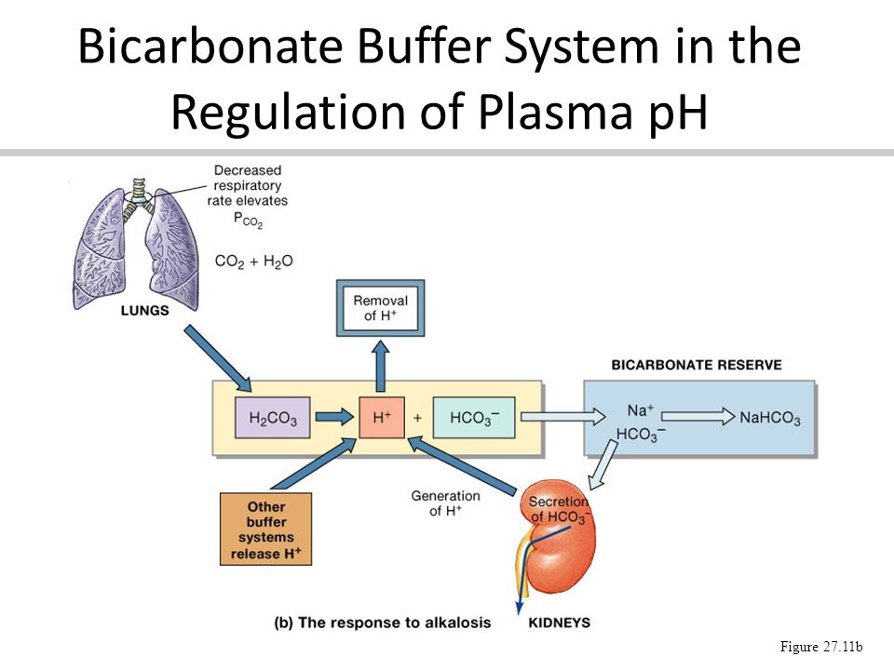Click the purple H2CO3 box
pos(273,418)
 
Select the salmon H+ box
pos(382,418)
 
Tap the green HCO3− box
pos(474,418)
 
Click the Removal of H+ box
pos(380,308)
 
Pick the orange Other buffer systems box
pos(265,529)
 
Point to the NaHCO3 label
pos(770,418)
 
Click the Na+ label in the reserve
pos(641,410)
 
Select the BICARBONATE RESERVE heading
pos(697,365)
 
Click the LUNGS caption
pos(145,311)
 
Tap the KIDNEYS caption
pos(560,623)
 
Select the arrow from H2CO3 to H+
pos(334,417)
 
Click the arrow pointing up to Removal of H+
pos(381,366)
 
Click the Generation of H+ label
pos(445,503)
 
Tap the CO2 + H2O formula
pos(253,261)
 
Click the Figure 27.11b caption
pos(821,647)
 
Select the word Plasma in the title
pos(555,111)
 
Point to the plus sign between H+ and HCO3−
pos(418,418)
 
